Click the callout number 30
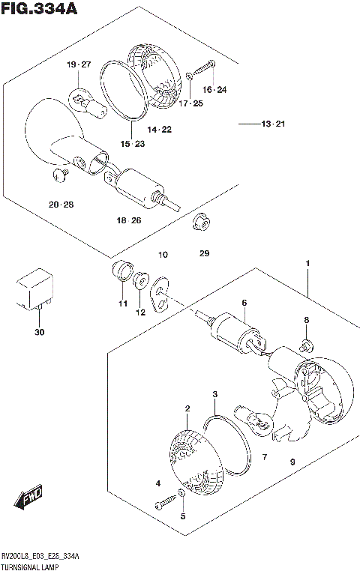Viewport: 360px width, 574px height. (39, 332)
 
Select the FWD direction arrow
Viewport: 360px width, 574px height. (28, 498)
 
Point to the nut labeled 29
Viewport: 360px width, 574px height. (199, 222)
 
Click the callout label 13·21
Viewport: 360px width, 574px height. (275, 123)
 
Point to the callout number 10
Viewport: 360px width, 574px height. (163, 256)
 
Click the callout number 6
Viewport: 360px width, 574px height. (244, 303)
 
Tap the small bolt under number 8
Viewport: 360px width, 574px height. (306, 347)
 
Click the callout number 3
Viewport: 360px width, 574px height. (214, 394)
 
